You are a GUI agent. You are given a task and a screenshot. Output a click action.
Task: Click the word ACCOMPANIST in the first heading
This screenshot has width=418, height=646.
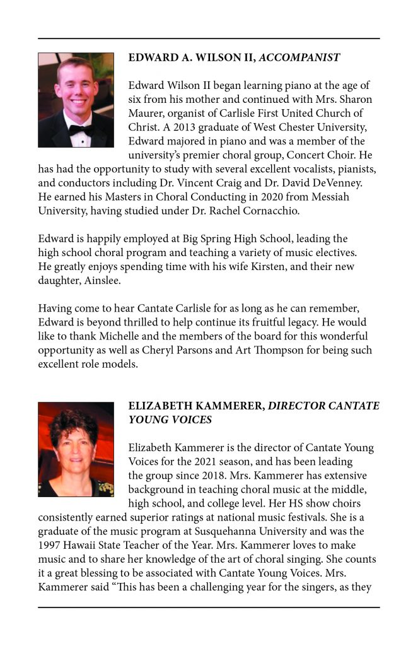tap(299, 57)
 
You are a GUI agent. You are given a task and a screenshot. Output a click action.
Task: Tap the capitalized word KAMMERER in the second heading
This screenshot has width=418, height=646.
tap(221, 406)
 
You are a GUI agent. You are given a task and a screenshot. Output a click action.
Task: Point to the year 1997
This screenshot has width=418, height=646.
tap(50, 545)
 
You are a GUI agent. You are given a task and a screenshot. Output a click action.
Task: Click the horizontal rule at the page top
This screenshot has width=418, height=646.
tap(209, 39)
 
